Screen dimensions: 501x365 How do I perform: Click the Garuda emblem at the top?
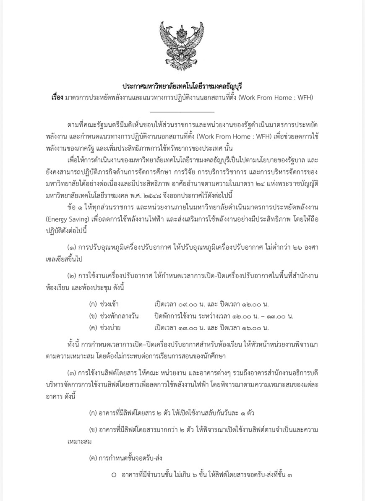click(x=182, y=46)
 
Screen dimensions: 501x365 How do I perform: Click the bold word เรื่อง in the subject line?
click(x=55, y=97)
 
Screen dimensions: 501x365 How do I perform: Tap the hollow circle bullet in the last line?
click(x=114, y=475)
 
